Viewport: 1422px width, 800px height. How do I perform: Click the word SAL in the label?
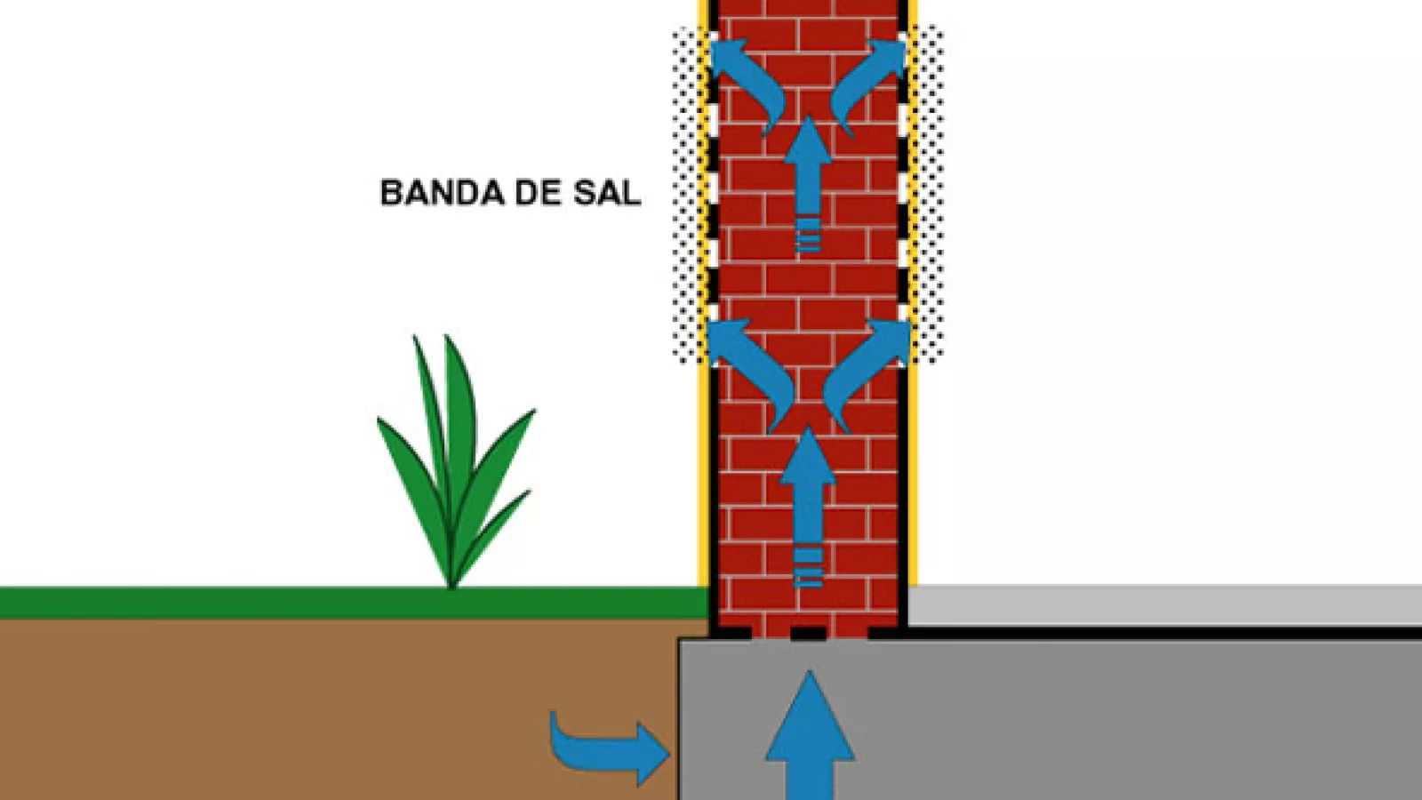tap(607, 193)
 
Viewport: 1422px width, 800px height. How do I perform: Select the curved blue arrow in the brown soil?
tap(604, 745)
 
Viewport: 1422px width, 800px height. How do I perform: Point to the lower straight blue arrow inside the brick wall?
tap(808, 507)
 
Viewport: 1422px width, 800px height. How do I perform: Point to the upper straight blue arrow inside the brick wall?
tap(808, 182)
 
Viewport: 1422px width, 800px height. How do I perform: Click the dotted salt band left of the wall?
tap(687, 196)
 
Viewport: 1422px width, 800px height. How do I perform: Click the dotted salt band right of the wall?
tap(929, 196)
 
